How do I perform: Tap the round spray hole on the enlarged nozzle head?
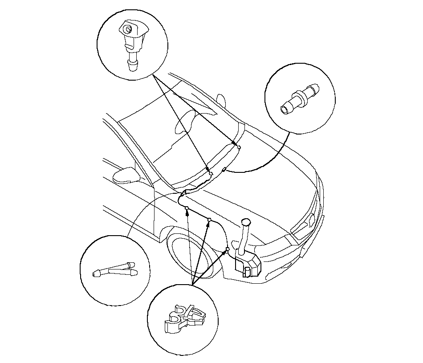pos(128,30)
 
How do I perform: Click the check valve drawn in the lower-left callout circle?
pos(115,269)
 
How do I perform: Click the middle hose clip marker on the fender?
pos(209,219)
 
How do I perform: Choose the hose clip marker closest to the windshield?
pos(187,208)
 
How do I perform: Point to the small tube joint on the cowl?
pos(224,169)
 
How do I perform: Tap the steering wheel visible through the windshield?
pos(183,122)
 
